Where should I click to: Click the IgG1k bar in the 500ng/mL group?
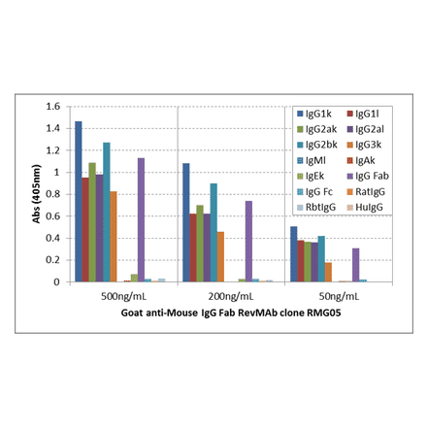[79, 202]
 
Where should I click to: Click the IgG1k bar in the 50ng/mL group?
[294, 254]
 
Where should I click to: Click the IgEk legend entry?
[315, 175]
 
